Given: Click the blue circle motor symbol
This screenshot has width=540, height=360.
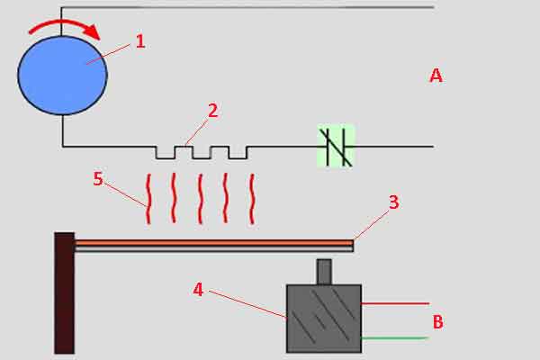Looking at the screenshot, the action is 62,76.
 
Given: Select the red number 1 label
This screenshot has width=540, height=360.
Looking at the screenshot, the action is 140,41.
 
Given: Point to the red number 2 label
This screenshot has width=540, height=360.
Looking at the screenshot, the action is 213,111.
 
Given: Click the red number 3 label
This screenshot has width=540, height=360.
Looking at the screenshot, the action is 394,202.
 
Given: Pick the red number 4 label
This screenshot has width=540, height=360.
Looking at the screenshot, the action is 198,290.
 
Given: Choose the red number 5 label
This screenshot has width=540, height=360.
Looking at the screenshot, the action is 98,179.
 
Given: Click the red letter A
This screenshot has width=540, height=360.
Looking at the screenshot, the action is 436,76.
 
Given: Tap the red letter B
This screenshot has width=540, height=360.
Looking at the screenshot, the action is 437,322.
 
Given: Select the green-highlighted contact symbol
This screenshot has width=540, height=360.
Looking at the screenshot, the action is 336,147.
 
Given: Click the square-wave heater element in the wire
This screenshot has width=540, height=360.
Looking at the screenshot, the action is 202,152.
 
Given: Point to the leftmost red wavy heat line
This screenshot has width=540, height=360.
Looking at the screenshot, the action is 148,199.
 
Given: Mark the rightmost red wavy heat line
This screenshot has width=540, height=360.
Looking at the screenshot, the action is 252,199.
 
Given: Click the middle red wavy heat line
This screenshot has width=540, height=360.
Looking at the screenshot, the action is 200,199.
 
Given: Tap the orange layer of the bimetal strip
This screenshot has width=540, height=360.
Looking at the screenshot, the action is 214,243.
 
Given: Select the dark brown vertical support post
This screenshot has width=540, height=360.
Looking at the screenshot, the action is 65,292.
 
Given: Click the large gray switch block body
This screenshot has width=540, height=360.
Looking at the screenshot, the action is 324,319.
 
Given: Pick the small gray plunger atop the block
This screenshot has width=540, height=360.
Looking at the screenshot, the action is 324,272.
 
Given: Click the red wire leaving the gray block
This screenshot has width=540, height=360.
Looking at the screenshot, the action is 395,303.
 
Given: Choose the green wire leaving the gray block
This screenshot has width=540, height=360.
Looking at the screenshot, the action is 395,338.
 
